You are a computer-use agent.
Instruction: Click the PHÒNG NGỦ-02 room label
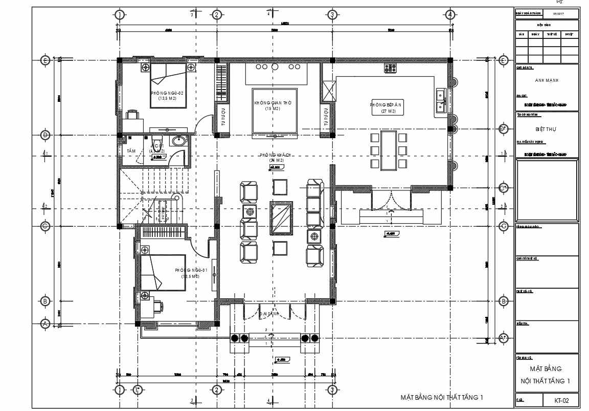point(167,93)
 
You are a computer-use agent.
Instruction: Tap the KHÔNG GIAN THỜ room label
point(273,103)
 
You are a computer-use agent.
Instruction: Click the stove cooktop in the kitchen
point(391,68)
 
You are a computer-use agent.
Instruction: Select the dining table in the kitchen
point(389,150)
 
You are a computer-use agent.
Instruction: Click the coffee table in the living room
point(282,218)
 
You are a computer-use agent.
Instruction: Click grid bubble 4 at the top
point(450,15)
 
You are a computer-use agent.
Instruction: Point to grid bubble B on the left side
point(45,301)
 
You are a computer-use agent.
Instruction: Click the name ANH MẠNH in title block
point(547,81)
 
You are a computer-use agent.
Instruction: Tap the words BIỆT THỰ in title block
point(547,129)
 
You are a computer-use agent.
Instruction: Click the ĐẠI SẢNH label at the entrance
point(268,314)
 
